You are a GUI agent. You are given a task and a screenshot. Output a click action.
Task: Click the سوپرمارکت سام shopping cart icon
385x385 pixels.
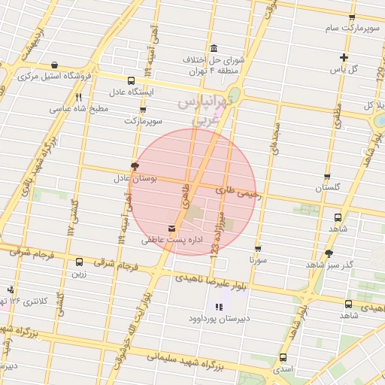tap(351, 17)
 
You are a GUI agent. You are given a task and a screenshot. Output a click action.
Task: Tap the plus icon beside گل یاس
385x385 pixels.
tap(344, 57)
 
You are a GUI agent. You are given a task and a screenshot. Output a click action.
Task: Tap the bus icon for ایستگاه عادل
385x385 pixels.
tap(132, 81)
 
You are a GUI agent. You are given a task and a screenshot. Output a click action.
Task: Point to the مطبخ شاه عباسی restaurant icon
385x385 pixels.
tap(78, 97)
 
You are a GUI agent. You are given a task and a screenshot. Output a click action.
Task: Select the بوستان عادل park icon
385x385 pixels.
tap(135, 165)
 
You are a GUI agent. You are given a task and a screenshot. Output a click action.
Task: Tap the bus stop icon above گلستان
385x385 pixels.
tap(327, 175)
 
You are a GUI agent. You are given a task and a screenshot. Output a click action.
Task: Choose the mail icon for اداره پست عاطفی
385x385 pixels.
tap(173, 228)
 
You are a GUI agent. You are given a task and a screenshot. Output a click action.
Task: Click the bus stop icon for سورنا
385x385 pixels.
tap(258, 248)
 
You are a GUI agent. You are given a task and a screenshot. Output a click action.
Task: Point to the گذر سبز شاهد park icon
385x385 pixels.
tap(329, 253)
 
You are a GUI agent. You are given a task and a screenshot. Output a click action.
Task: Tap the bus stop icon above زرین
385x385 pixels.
tap(79, 262)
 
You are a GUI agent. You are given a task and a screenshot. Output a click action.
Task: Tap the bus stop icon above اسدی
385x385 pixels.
tap(283, 358)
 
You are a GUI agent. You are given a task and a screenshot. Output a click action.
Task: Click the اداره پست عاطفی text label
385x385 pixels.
tap(165, 241)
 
